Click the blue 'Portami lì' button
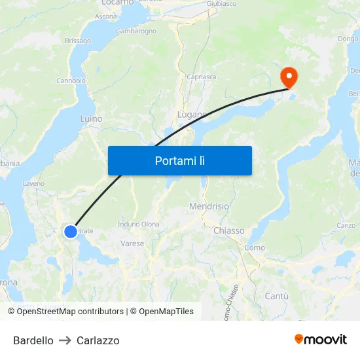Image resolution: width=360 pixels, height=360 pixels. click(179, 160)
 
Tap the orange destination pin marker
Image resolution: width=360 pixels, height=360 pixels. click(289, 77)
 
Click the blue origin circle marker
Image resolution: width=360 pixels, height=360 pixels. click(71, 231)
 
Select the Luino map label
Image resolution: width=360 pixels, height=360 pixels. click(91, 119)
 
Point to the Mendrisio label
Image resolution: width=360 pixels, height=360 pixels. click(209, 206)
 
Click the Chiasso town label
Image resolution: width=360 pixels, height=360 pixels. click(228, 230)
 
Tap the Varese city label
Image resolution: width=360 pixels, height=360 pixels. click(132, 243)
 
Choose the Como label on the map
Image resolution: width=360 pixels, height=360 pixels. click(254, 247)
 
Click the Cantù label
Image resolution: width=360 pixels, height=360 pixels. click(276, 296)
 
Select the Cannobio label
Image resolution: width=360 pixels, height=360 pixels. click(71, 81)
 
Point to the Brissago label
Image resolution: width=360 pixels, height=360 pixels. click(78, 41)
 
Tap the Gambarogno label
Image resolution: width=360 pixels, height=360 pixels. click(136, 31)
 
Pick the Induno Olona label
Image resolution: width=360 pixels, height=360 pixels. click(138, 224)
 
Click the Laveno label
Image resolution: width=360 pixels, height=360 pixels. click(33, 184)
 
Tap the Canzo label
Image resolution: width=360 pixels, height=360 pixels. click(346, 225)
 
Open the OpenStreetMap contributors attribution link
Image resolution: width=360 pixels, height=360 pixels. click(70, 312)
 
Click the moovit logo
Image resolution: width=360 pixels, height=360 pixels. click(320, 339)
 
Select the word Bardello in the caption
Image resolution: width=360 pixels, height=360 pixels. click(33, 340)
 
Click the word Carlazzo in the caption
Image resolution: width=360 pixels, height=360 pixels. click(98, 340)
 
